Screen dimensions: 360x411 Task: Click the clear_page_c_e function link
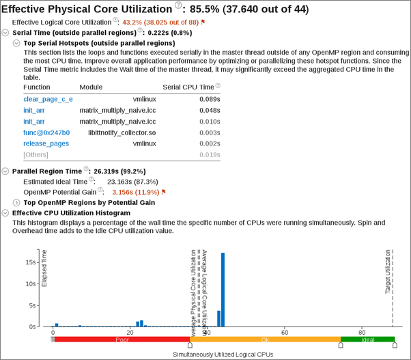48,99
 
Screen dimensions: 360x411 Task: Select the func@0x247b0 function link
46,133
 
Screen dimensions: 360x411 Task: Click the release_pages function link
46,143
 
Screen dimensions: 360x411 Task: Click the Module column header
91,87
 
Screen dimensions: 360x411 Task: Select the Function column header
37,87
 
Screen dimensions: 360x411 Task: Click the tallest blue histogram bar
223,290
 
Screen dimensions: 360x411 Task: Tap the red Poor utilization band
122,339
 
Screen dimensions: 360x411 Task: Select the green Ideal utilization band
367,339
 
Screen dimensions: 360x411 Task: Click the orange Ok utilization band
265,339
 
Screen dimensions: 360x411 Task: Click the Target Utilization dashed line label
388,271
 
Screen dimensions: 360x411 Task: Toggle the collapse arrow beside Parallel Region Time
6,171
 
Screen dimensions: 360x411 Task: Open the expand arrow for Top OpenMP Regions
17,203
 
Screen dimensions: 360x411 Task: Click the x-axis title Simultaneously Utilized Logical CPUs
223,355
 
